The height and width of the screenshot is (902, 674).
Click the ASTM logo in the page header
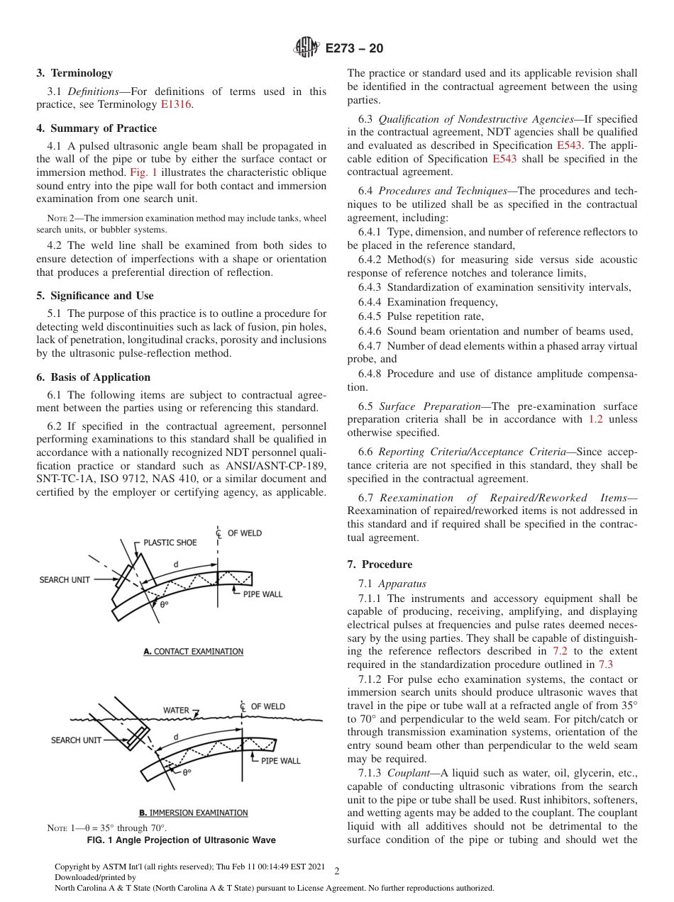tap(307, 48)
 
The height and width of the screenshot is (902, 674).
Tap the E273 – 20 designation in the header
tap(354, 49)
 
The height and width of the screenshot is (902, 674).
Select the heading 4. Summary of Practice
tap(96, 128)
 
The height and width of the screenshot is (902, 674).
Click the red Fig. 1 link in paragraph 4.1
tap(141, 172)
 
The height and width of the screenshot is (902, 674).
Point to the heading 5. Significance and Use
tap(95, 296)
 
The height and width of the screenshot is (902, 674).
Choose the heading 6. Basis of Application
tap(94, 377)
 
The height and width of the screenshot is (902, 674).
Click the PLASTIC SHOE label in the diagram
tap(170, 542)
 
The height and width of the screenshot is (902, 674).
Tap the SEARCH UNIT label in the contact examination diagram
tap(65, 579)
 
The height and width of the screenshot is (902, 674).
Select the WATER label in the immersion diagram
tap(176, 710)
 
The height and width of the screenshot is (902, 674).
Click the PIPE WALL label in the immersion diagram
tap(280, 761)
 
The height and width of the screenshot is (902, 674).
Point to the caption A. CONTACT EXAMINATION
tap(193, 652)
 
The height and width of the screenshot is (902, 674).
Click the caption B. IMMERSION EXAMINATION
tap(193, 813)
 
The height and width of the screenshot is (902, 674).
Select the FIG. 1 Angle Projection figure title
tap(181, 840)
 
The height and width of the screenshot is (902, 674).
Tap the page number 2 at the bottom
tap(336, 872)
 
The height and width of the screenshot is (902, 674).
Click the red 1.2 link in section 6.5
tap(596, 419)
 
